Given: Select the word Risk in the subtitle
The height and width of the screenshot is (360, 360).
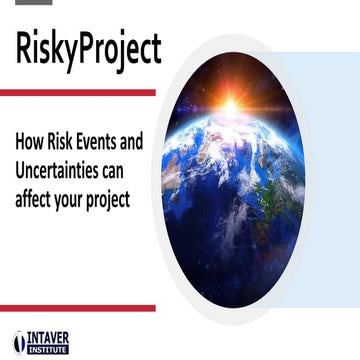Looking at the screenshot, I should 62,143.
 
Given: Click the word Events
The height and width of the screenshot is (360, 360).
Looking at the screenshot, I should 105,143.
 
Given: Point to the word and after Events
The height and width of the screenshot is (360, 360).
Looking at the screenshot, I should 144,143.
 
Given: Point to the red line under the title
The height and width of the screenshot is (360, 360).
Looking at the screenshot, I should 78,92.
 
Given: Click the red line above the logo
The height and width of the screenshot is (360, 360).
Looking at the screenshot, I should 78,308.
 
